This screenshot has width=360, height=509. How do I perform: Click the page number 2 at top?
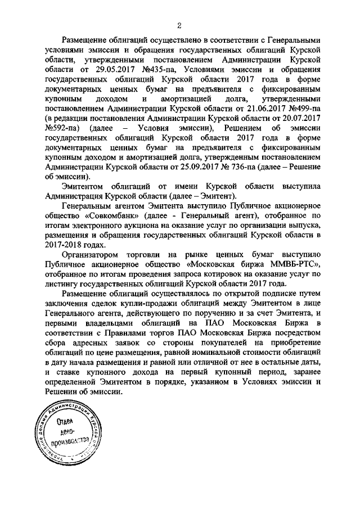coord(178,25)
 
